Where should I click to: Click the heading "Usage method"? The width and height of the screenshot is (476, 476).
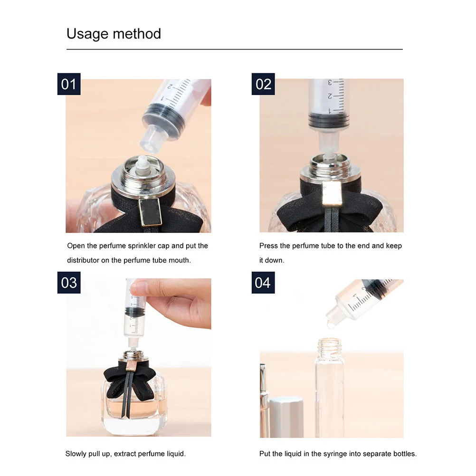click(114, 34)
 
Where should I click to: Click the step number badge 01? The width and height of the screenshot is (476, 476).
click(69, 84)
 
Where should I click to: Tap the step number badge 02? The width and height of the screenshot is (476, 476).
click(263, 84)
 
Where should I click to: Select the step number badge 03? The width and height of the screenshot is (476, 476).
click(69, 283)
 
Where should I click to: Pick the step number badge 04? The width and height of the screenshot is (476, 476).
click(263, 283)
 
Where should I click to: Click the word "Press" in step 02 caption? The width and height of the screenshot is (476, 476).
click(269, 246)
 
